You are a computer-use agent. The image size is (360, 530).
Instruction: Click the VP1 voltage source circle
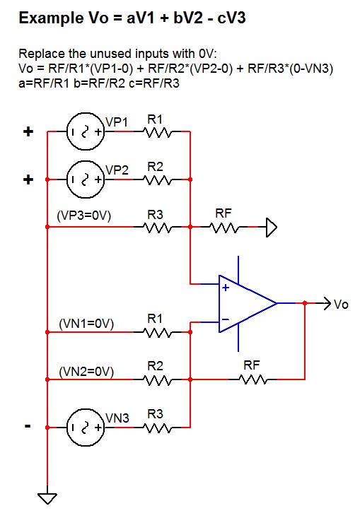click(x=84, y=132)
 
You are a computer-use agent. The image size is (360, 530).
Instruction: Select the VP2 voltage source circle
click(x=84, y=179)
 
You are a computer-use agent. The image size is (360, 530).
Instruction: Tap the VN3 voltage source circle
click(x=84, y=428)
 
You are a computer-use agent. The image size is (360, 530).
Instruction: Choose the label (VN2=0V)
click(x=85, y=370)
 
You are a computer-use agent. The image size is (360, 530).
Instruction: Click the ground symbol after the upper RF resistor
click(x=271, y=228)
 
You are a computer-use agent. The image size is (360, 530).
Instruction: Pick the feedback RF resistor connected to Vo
click(x=252, y=379)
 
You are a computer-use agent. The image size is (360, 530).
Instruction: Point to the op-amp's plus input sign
click(x=225, y=288)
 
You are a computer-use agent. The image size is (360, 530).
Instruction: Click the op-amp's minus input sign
click(x=225, y=319)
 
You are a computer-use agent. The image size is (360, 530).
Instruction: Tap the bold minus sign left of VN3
click(x=28, y=427)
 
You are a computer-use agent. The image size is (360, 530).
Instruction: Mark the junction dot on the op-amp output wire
click(x=305, y=303)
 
